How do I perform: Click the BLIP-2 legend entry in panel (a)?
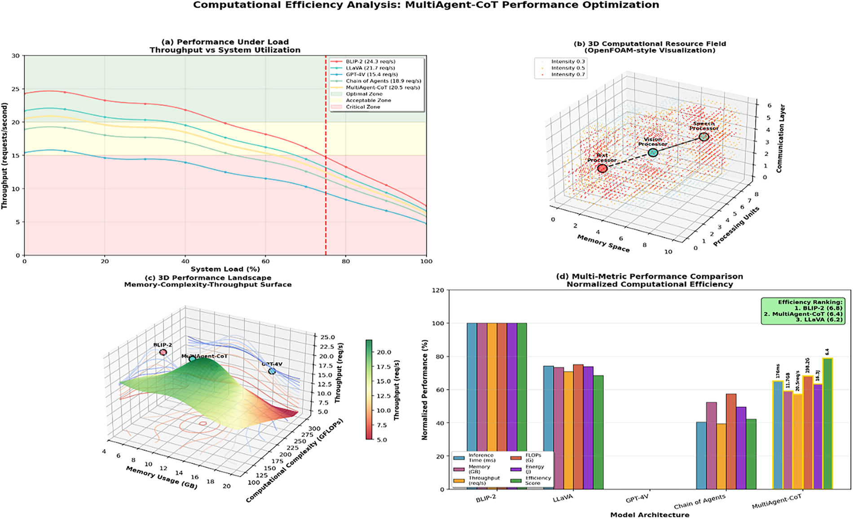tap(370, 61)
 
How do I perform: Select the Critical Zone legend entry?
tap(363, 107)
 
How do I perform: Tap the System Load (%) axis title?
tap(225, 269)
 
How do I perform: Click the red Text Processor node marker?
tap(602, 168)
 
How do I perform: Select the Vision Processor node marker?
tap(653, 153)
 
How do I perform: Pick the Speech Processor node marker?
tap(704, 137)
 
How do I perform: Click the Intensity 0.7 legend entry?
tap(567, 74)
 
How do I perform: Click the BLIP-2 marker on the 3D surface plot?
tap(163, 353)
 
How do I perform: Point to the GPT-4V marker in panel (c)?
tap(272, 371)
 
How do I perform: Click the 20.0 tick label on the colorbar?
tap(384, 352)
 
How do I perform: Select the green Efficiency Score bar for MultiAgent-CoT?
tap(827, 423)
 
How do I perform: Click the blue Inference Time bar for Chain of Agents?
tap(701, 455)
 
